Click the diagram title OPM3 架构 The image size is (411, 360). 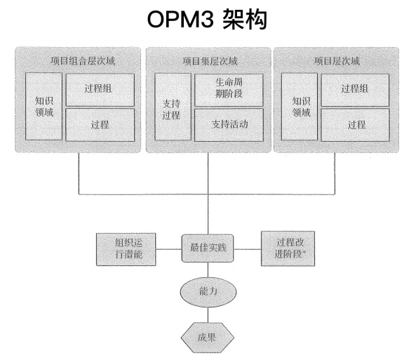(x=207, y=20)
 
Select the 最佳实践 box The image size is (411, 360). (x=208, y=248)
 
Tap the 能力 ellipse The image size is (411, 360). (x=208, y=291)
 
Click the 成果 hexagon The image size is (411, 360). (x=208, y=338)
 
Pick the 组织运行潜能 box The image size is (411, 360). (x=126, y=249)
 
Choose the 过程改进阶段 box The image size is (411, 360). (x=288, y=248)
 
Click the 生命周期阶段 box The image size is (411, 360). (x=229, y=90)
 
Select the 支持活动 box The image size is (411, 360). (x=229, y=125)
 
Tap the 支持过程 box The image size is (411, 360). (x=173, y=107)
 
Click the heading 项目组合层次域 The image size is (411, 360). (x=83, y=61)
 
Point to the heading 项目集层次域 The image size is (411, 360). (x=210, y=61)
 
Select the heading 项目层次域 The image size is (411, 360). (x=337, y=61)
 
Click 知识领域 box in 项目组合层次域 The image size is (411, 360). (x=43, y=107)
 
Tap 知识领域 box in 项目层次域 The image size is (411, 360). (x=299, y=107)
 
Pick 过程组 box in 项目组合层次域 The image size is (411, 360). (x=100, y=90)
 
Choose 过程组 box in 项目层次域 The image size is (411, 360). (x=355, y=90)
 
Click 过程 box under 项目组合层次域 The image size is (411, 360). (x=100, y=125)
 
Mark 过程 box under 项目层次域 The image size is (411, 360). (x=355, y=125)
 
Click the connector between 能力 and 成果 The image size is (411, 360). (x=208, y=314)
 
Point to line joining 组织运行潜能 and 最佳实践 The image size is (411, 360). (x=168, y=249)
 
